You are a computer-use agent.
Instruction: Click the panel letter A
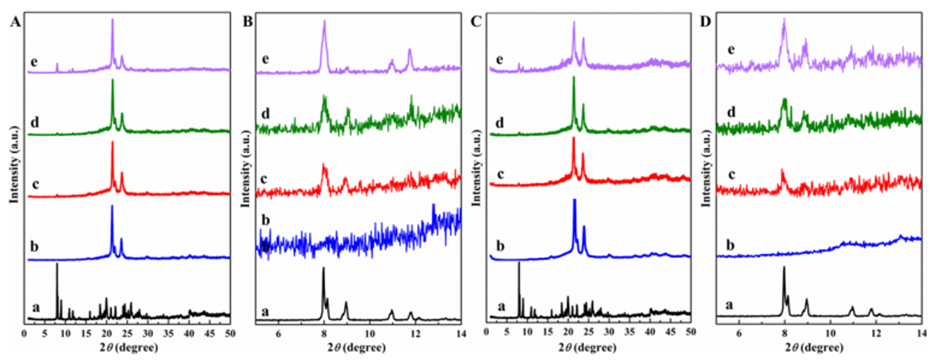coord(16,22)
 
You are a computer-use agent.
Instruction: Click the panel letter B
coord(247,22)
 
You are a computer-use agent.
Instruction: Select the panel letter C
coord(476,22)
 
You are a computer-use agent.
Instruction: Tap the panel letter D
coord(705,22)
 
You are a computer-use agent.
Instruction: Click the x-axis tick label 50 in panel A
coord(230,333)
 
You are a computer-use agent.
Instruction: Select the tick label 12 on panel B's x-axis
coord(416,333)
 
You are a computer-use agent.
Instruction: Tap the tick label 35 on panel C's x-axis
coord(629,332)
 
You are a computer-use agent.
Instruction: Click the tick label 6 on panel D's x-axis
coord(739,333)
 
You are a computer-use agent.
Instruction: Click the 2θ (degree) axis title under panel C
coord(587,347)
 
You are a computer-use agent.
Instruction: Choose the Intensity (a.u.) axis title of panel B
coord(246,169)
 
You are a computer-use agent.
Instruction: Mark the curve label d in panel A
coord(34,122)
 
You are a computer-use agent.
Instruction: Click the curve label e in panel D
coord(731,50)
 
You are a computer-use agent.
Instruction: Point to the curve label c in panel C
coord(500,174)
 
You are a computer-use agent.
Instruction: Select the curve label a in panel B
coord(265,311)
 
